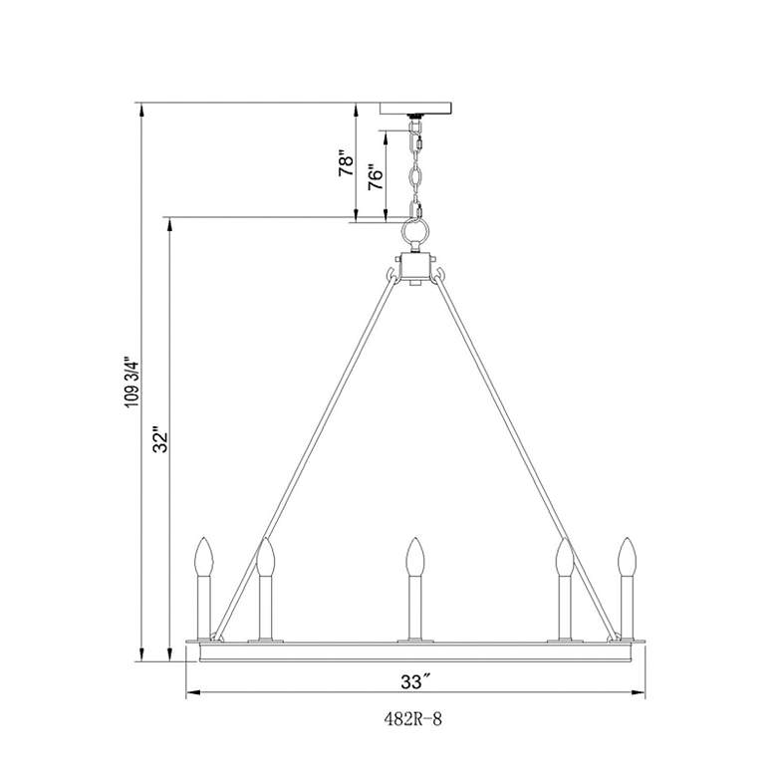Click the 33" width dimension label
(414, 681)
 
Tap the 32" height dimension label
(161, 439)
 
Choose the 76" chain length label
(376, 176)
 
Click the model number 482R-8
(412, 719)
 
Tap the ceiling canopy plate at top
(415, 108)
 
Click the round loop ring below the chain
(415, 230)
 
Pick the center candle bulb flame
(415, 556)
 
